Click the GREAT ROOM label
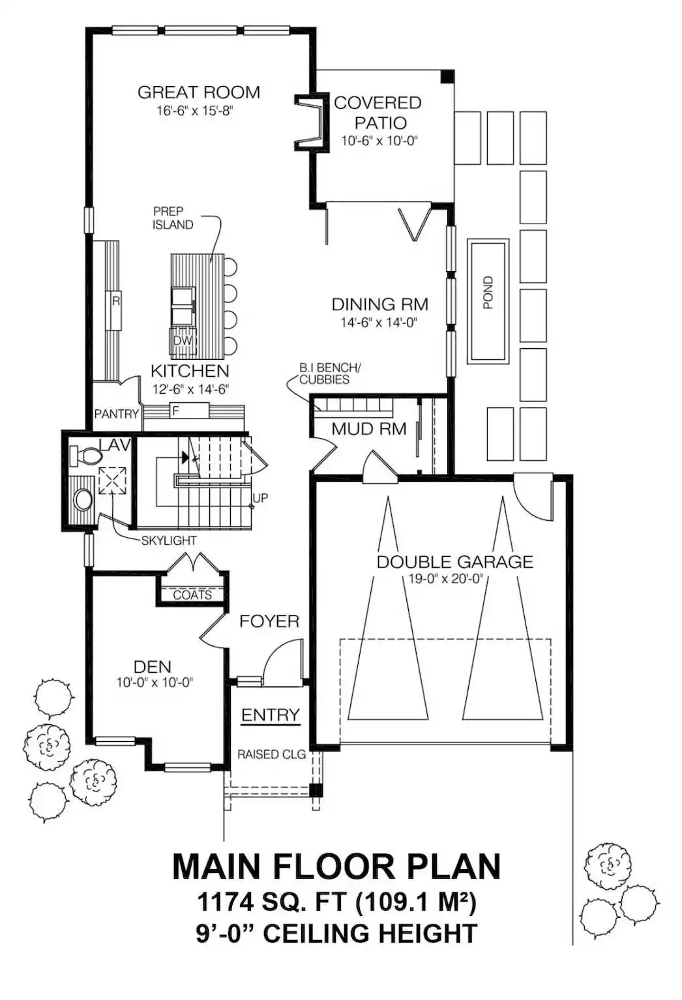coord(199,93)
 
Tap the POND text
coord(488,293)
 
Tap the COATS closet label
coord(192,595)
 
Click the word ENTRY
coord(270,714)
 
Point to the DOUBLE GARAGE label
coord(455,562)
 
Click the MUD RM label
coord(369,429)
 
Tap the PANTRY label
coord(117,414)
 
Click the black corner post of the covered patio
coord(447,76)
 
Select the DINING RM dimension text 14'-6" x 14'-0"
coord(379,322)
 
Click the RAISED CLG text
coord(271,754)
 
